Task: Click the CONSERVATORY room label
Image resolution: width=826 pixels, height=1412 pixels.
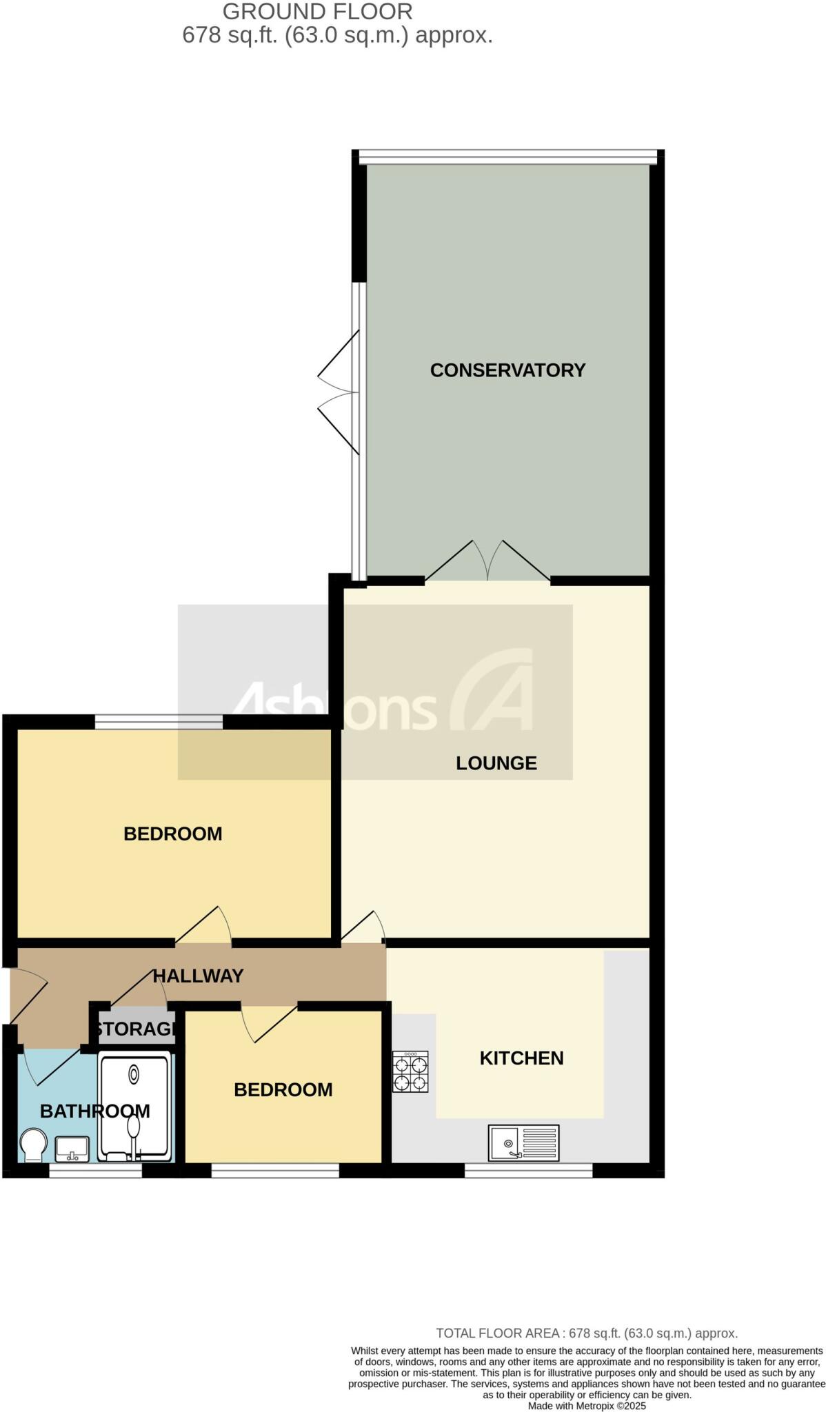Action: coord(507,370)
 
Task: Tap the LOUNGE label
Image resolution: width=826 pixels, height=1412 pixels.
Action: coord(496,763)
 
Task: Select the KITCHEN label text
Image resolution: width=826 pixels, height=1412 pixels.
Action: coord(521,1058)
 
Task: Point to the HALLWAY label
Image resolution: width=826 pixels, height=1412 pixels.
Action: coord(198,976)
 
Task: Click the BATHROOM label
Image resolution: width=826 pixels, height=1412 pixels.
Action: coord(94,1111)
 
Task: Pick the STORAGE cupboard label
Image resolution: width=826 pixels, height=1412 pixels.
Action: coord(137,1029)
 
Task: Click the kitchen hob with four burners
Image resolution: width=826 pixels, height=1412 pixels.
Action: coord(410,1071)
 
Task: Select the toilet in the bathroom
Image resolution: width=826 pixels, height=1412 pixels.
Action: coord(33,1144)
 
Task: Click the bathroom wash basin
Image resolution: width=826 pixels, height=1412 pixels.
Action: coord(72,1148)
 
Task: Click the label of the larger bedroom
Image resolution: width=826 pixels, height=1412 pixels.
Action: coord(172,834)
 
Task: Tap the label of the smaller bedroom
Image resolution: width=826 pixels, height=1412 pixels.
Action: coord(283,1089)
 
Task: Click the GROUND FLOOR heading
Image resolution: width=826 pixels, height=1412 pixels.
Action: coord(317,12)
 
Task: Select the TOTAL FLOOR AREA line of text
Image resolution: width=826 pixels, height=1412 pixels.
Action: coord(587,1333)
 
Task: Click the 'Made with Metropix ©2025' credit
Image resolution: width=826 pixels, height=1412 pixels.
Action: coord(587,1406)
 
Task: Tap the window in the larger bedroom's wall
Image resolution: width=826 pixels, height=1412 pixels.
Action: coord(159,722)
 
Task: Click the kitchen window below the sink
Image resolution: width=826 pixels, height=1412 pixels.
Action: coord(528,1170)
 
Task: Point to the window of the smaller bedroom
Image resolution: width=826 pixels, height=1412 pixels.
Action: coord(275,1170)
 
